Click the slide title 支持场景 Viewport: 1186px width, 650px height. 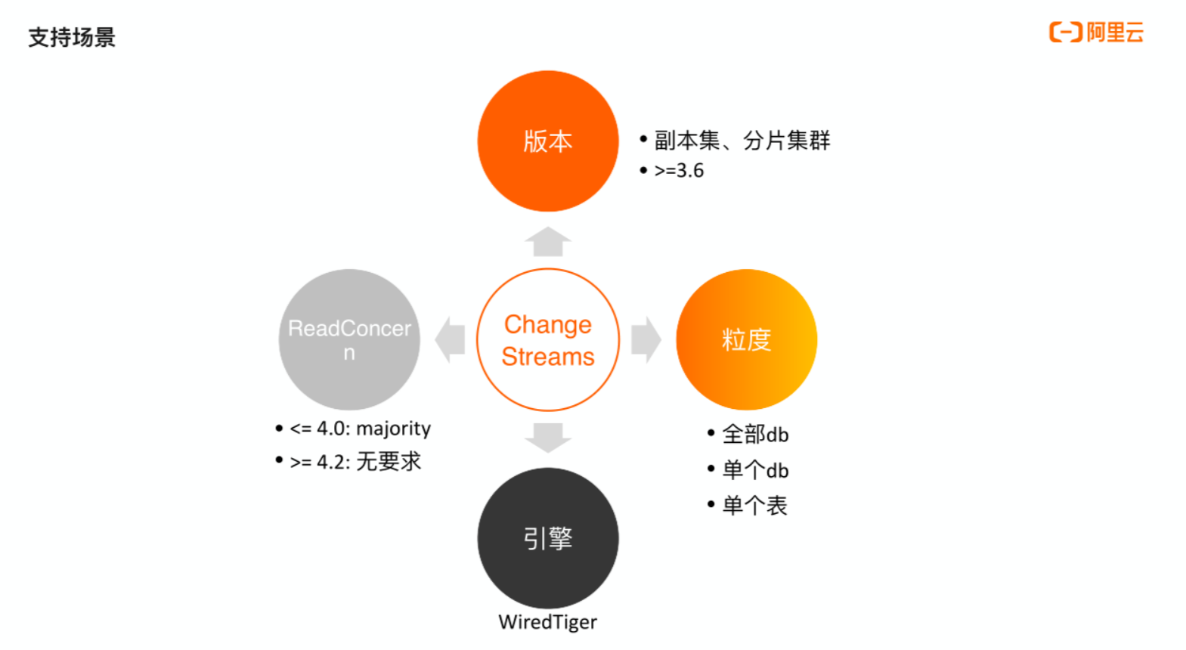[x=72, y=37]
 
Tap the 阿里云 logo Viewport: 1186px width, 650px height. [x=1096, y=32]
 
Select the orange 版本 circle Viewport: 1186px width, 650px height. [x=547, y=141]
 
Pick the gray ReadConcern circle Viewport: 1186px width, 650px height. [x=349, y=339]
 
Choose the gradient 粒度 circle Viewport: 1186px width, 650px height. [x=746, y=339]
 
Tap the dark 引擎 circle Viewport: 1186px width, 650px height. [x=547, y=538]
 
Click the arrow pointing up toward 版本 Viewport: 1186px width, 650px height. [x=547, y=242]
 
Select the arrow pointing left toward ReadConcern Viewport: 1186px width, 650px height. [x=451, y=339]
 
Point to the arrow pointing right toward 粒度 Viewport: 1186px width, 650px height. [x=646, y=339]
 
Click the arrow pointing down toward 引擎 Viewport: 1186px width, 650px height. [x=547, y=437]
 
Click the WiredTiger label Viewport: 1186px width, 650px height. [x=547, y=622]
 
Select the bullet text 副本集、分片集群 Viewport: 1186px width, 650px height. [x=742, y=140]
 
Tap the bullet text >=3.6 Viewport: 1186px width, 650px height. [x=679, y=171]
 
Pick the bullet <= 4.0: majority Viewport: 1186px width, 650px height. [x=360, y=429]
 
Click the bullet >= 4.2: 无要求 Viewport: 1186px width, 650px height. [x=355, y=461]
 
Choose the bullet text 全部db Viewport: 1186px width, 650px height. [x=755, y=435]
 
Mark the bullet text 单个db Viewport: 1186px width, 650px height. [x=755, y=470]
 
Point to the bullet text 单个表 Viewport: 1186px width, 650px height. [x=754, y=506]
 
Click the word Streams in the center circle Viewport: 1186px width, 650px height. [x=548, y=357]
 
